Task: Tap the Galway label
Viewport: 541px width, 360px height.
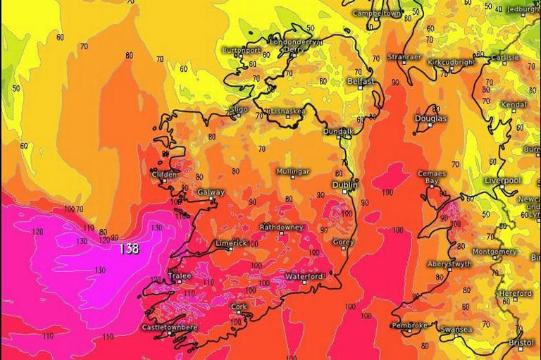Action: [x=211, y=192]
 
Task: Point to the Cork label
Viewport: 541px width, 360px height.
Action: [x=240, y=306]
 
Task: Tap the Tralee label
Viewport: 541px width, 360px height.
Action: [x=180, y=276]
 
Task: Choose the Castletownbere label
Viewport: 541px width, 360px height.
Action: [x=170, y=327]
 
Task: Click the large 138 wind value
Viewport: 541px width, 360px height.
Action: [x=128, y=249]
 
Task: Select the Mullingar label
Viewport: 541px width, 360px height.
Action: [x=293, y=171]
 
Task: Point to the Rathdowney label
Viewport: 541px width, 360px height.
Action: [x=282, y=228]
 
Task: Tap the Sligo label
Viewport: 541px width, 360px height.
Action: [x=240, y=109]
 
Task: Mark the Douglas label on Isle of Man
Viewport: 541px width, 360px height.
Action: [x=431, y=118]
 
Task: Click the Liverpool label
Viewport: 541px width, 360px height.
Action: [x=502, y=181]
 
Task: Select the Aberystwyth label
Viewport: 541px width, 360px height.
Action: [x=449, y=263]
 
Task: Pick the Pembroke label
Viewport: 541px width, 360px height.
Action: [x=409, y=325]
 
